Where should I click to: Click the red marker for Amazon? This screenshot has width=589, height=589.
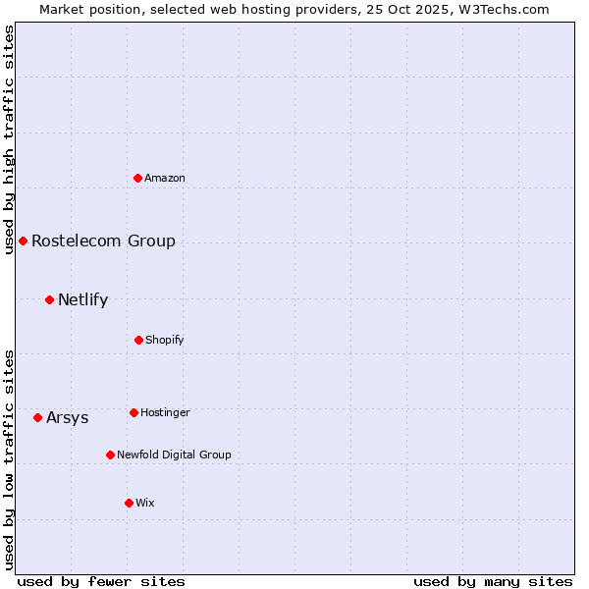pos(138,178)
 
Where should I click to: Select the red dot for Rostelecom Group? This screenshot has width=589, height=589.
pos(23,241)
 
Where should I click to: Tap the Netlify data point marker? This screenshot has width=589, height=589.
pos(49,299)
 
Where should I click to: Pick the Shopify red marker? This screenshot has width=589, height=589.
pos(138,340)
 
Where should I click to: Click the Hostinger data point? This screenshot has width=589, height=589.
pos(134,412)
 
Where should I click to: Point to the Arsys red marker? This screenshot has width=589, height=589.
pos(37,417)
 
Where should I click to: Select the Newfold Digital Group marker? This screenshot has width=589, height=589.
pos(110,455)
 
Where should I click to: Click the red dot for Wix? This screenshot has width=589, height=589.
pos(129,503)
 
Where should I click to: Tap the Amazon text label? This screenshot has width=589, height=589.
pos(165,178)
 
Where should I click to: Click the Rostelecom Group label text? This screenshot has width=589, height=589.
pos(103,241)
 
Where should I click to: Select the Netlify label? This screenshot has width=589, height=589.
pos(82,299)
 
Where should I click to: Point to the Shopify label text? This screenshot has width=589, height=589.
pos(165,340)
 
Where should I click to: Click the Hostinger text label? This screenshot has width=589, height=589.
pos(165,412)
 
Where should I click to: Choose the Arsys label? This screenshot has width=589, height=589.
pos(67,417)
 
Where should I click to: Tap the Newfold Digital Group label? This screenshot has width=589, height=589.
pos(174,455)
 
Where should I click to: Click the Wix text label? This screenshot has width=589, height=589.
pos(145,503)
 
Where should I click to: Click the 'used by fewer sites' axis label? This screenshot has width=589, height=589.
pos(101,581)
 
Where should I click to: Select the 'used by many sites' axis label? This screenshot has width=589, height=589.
pos(493,581)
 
